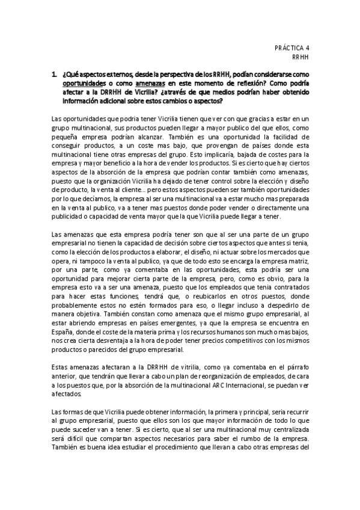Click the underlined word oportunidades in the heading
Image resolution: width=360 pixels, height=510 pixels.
coord(83,83)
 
